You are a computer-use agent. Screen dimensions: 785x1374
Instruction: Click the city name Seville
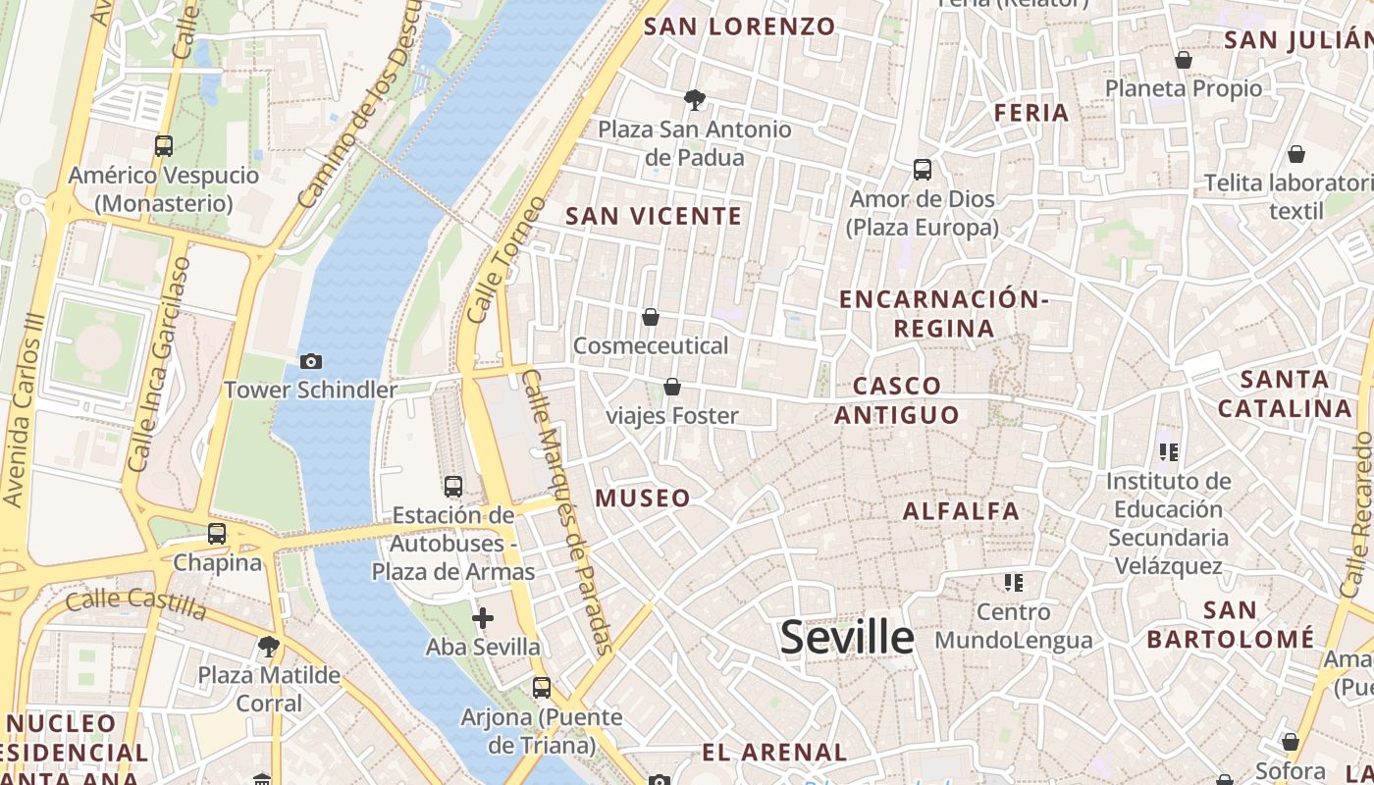[847, 637]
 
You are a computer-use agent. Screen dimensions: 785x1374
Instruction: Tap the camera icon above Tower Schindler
[310, 362]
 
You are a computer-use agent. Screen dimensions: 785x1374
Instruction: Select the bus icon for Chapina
[217, 534]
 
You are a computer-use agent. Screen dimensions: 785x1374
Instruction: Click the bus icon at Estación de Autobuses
[452, 486]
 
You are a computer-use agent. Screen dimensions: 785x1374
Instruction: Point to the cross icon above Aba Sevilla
[483, 618]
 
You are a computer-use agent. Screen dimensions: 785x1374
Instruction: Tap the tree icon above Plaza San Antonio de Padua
[694, 99]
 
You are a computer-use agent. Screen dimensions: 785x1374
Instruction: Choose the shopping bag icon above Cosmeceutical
[650, 317]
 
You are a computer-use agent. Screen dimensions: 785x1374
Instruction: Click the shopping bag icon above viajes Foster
[672, 387]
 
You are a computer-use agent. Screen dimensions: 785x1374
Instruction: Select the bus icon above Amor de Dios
[923, 170]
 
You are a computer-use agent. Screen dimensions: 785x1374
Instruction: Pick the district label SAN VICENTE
[654, 216]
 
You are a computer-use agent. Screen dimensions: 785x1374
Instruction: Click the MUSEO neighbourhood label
[643, 497]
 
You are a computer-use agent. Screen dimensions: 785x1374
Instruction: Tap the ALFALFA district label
[961, 510]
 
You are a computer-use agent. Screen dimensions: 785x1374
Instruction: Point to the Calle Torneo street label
[506, 260]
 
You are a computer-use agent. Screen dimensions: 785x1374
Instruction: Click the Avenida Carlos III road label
[25, 410]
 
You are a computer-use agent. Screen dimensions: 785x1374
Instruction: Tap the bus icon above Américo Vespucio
[164, 146]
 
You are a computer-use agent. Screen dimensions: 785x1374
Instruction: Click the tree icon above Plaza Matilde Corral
[268, 646]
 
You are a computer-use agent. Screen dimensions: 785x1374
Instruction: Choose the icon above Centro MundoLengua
[1014, 583]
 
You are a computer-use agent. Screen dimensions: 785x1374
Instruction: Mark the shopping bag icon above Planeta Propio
[1184, 60]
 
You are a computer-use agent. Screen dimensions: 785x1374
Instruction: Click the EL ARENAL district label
[774, 753]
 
